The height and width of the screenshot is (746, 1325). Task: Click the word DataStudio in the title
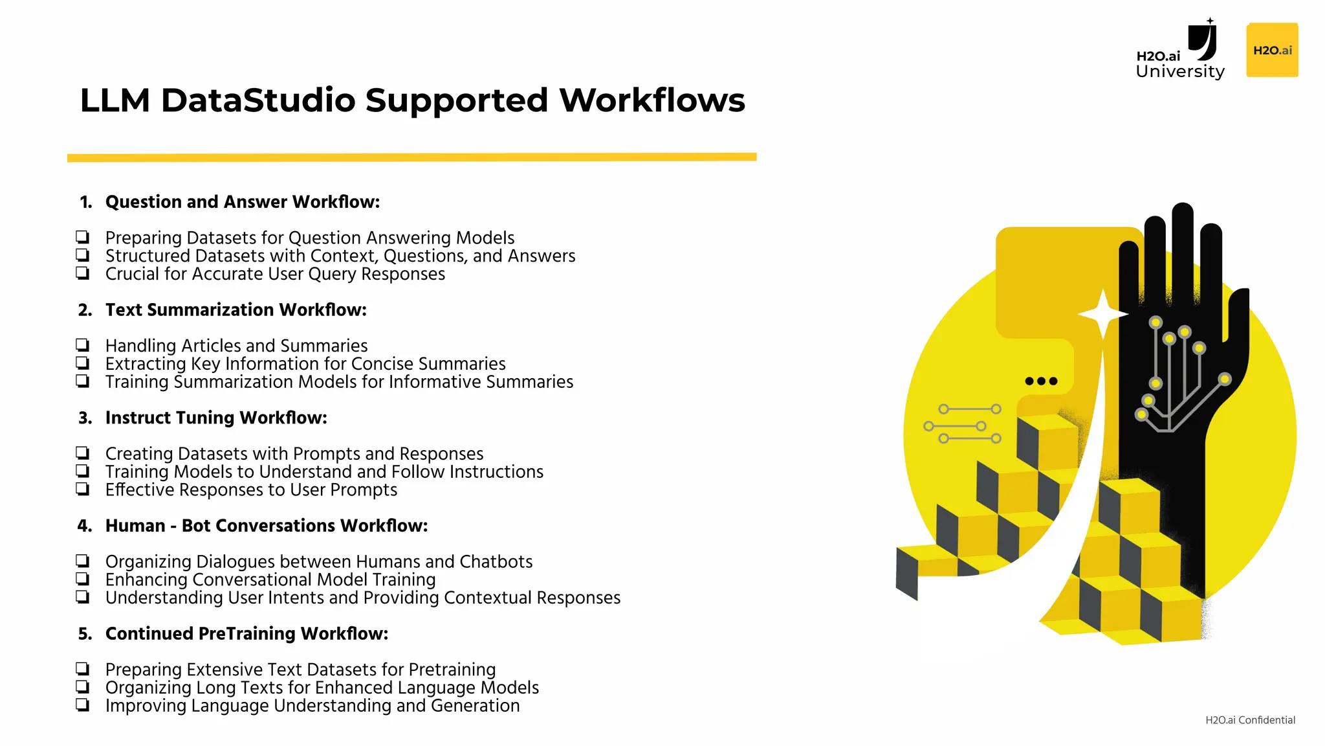[x=258, y=101]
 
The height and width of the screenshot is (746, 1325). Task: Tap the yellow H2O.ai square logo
[x=1272, y=51]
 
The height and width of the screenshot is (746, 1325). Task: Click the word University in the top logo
[x=1180, y=71]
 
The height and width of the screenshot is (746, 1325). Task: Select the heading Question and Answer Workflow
[x=242, y=202]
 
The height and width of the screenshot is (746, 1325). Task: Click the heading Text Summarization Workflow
[x=235, y=310]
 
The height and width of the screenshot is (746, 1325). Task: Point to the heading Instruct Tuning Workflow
[x=216, y=418]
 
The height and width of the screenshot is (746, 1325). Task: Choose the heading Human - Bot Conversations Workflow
[x=266, y=526]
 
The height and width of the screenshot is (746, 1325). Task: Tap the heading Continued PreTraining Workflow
[x=246, y=633]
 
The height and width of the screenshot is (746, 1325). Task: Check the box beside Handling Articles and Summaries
[x=82, y=345]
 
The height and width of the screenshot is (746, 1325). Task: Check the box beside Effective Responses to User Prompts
[x=82, y=489]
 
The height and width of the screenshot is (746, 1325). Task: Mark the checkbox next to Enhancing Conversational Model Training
[x=82, y=578]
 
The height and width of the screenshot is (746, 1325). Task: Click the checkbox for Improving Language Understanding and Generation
[x=82, y=705]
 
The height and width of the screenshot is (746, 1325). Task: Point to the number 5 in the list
[x=85, y=634]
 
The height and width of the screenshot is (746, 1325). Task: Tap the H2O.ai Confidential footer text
[x=1250, y=720]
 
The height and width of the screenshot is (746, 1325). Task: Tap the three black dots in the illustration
[x=1041, y=381]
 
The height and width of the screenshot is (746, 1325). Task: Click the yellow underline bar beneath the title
[x=411, y=157]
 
